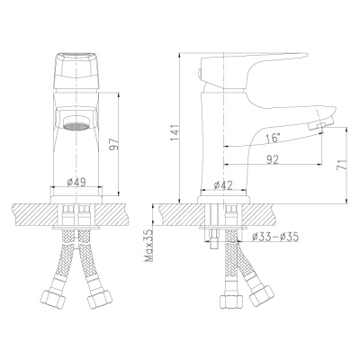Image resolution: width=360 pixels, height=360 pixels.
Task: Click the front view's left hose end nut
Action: point(50,298)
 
